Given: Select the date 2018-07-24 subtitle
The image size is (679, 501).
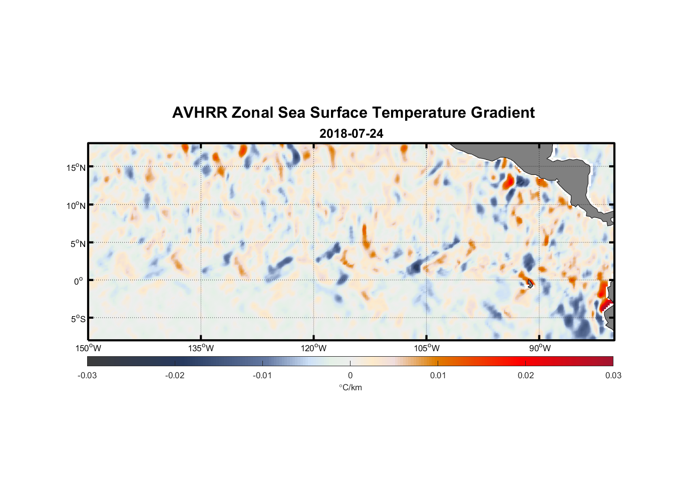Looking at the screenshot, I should click(x=351, y=134).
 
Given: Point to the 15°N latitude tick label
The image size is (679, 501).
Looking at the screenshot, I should click(x=76, y=167).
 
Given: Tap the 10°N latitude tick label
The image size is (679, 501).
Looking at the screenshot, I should click(x=76, y=205).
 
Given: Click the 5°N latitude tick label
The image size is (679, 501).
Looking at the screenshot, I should click(x=77, y=243).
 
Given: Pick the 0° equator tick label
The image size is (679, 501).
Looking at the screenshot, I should click(x=78, y=281).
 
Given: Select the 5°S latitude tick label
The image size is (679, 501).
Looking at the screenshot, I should click(x=78, y=319).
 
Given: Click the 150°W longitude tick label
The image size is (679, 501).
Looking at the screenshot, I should click(x=88, y=348).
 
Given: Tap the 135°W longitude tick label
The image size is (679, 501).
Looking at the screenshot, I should click(x=201, y=348).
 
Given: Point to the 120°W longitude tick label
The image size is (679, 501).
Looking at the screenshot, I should click(x=313, y=348).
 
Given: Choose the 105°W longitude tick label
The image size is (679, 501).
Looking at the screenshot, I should click(x=427, y=348).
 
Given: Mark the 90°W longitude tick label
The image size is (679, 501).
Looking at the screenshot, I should click(x=539, y=348).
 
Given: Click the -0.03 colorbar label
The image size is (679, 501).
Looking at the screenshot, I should click(x=87, y=375).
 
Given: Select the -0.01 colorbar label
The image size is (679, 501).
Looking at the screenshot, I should click(x=262, y=375).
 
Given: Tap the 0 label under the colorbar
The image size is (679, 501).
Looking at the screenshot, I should click(x=350, y=375).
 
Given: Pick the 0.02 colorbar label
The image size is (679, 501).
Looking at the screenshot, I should click(x=526, y=375).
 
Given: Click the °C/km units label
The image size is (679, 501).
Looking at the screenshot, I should click(x=350, y=387).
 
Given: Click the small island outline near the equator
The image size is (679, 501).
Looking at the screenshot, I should click(x=530, y=284).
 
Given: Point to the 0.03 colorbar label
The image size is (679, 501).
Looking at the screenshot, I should click(x=613, y=375).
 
